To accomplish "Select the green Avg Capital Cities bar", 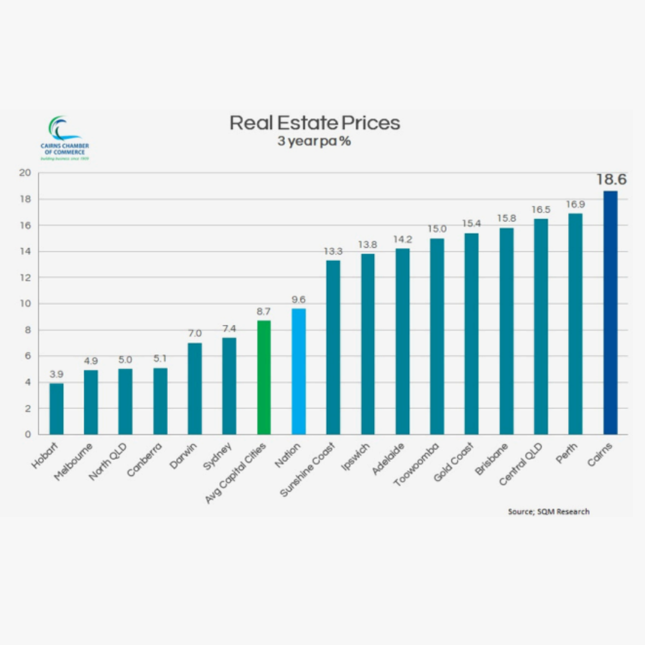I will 263,377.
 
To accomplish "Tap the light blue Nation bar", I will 298,371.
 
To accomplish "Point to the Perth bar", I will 575,324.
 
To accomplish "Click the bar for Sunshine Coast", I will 333,347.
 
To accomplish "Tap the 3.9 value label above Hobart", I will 56,374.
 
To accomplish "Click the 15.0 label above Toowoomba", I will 437,229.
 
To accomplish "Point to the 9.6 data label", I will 298,299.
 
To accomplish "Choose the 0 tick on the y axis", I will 27,435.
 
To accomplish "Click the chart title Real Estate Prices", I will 315,123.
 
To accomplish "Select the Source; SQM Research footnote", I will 548,511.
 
